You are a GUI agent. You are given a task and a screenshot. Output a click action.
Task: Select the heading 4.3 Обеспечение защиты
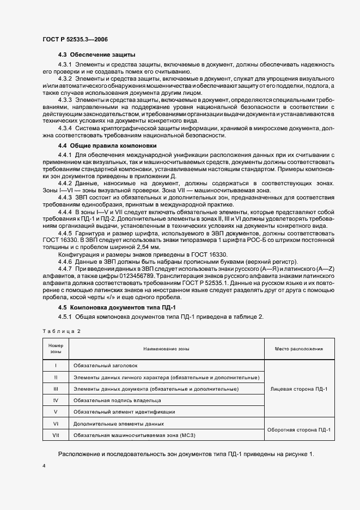pyautogui.click(x=97, y=55)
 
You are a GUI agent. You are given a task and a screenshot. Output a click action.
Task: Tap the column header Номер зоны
pyautogui.click(x=56, y=349)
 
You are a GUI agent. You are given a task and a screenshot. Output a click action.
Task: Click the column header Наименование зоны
pyautogui.click(x=166, y=349)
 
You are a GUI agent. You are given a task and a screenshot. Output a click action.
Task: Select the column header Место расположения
pyautogui.click(x=299, y=349)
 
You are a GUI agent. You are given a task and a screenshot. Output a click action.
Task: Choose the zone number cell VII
pyautogui.click(x=56, y=435)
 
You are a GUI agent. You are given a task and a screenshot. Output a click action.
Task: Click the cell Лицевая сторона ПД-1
pyautogui.click(x=299, y=388)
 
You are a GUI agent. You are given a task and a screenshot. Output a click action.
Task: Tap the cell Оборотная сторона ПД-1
pyautogui.click(x=299, y=429)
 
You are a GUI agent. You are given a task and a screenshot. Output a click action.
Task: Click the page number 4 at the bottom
pyautogui.click(x=44, y=466)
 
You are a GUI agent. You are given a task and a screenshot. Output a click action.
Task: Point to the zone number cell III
pyautogui.click(x=56, y=389)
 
